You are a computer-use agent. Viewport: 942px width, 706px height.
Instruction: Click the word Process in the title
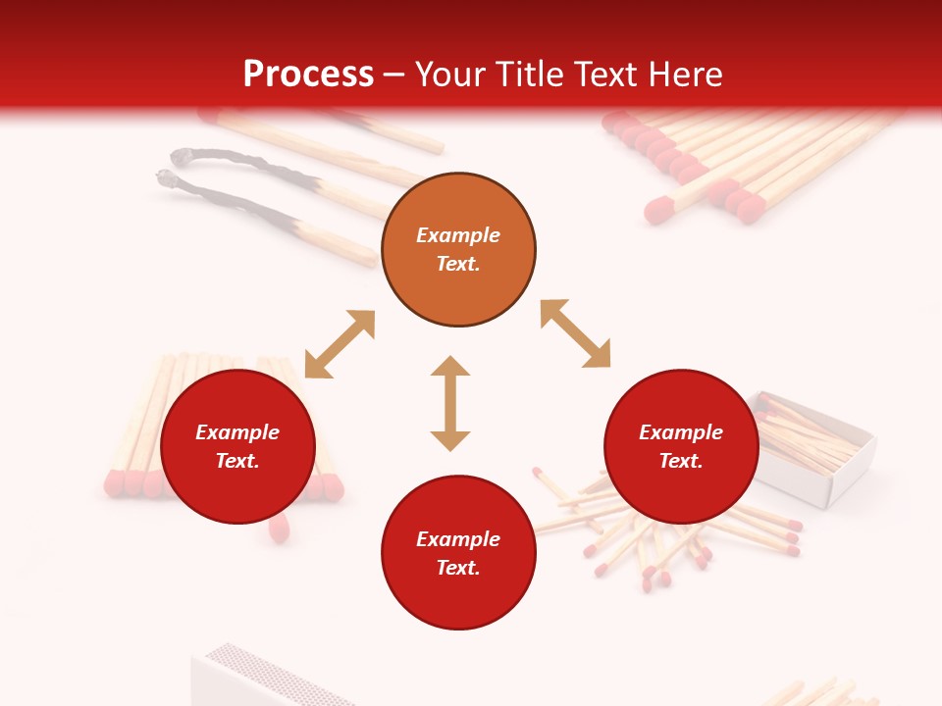[308, 75]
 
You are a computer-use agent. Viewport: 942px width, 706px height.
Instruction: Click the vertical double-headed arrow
[450, 403]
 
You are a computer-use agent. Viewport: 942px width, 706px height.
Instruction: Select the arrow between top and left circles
[340, 344]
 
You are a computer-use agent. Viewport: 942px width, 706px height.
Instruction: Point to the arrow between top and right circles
[575, 333]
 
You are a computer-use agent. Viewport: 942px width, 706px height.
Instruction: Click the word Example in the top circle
[458, 235]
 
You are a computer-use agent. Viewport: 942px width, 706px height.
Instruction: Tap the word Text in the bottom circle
[458, 568]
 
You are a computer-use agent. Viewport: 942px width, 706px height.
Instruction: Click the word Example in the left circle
[237, 432]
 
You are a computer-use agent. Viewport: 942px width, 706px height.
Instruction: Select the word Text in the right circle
[681, 461]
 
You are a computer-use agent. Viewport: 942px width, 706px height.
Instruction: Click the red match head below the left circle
[279, 529]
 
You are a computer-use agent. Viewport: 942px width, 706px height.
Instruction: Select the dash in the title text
[393, 75]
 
